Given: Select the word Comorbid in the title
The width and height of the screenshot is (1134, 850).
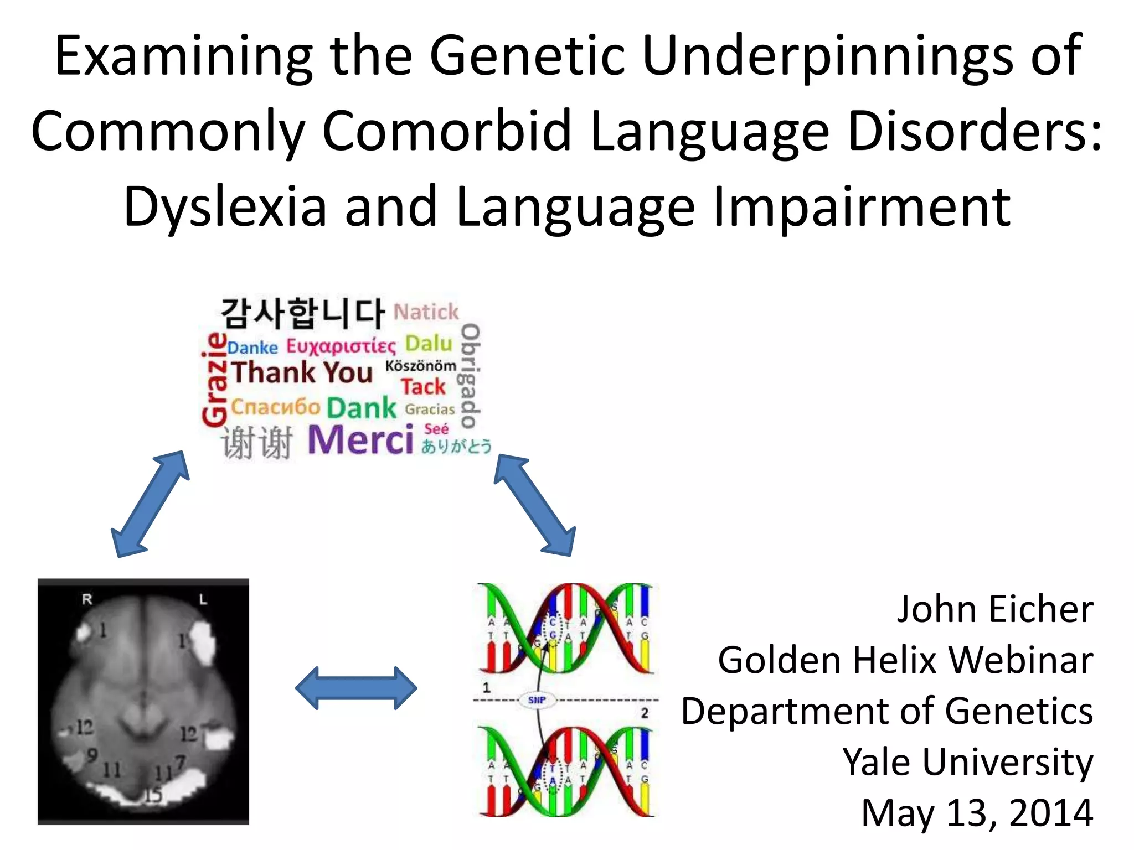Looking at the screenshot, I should tap(446, 131).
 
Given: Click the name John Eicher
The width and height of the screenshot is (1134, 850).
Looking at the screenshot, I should tap(994, 609).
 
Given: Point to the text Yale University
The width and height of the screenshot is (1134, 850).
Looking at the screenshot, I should tap(967, 762).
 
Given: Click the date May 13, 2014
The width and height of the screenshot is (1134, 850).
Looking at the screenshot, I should tap(977, 813).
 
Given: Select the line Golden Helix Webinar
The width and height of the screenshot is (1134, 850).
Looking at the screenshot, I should tap(905, 660).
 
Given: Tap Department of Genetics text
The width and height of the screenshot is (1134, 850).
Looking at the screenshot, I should tap(887, 711).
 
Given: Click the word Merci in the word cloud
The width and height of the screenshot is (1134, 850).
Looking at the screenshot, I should tap(360, 440).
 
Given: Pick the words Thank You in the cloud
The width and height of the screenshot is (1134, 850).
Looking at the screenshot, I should tap(302, 372).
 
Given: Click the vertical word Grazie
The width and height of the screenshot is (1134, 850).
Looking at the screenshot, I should tap(215, 380).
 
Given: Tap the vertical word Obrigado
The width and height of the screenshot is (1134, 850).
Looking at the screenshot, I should tap(470, 376).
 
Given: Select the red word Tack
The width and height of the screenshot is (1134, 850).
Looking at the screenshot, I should tap(423, 387).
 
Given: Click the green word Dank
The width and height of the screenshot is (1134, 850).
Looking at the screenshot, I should tap(362, 408).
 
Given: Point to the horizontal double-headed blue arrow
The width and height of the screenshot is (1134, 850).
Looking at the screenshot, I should tap(356, 688).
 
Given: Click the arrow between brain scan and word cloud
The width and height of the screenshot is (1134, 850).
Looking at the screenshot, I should tap(150, 504).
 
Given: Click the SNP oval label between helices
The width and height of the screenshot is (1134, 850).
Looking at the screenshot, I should tap(537, 700).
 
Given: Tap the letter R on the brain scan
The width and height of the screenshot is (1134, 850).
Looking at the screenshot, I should tap(87, 599).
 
